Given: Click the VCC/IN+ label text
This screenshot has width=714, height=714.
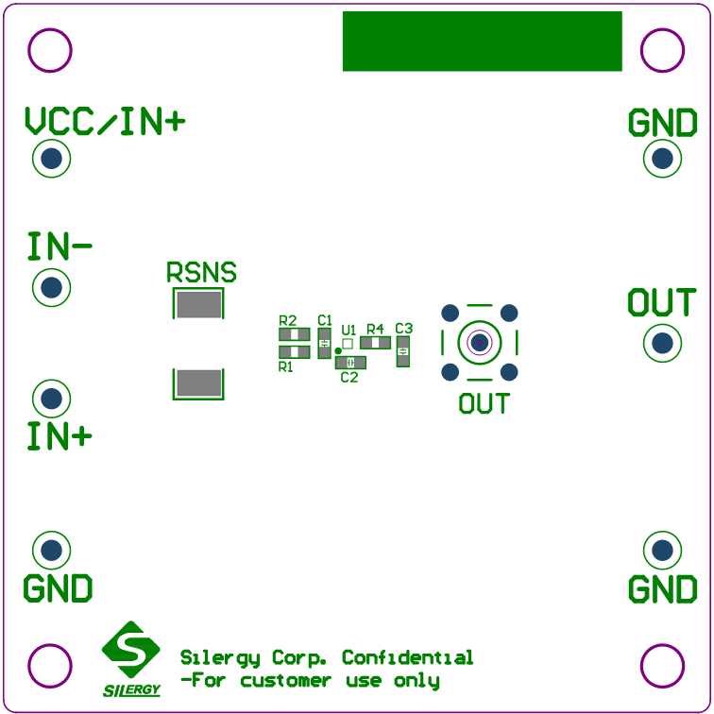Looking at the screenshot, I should click(x=105, y=122).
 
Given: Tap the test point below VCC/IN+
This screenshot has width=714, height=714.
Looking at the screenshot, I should click(x=52, y=159).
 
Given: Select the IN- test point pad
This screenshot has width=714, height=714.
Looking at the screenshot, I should click(x=52, y=286).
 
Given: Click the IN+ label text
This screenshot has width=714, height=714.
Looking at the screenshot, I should click(x=59, y=436).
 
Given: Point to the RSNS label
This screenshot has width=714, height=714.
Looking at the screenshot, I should click(x=201, y=273).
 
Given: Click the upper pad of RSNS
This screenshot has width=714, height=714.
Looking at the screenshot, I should click(x=198, y=304).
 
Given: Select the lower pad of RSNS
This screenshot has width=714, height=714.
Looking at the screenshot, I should click(x=198, y=382).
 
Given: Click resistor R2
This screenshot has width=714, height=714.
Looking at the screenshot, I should click(x=294, y=333).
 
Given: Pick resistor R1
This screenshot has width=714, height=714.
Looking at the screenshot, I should click(x=294, y=352).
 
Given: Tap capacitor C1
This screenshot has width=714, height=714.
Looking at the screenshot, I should click(x=324, y=342).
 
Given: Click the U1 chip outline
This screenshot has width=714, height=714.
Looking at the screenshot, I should click(x=348, y=345).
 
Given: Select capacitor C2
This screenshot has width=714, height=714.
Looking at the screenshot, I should click(x=350, y=363).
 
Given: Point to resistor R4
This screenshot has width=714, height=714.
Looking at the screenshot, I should click(x=375, y=342).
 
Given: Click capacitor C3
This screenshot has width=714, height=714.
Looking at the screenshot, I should click(x=403, y=352).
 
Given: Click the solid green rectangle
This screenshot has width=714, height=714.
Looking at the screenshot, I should click(x=482, y=41).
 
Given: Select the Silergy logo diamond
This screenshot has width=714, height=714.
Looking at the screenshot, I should click(x=130, y=649).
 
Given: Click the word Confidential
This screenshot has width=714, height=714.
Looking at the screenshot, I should click(x=407, y=657).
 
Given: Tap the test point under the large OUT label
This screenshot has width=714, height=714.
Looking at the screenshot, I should click(x=662, y=343).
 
